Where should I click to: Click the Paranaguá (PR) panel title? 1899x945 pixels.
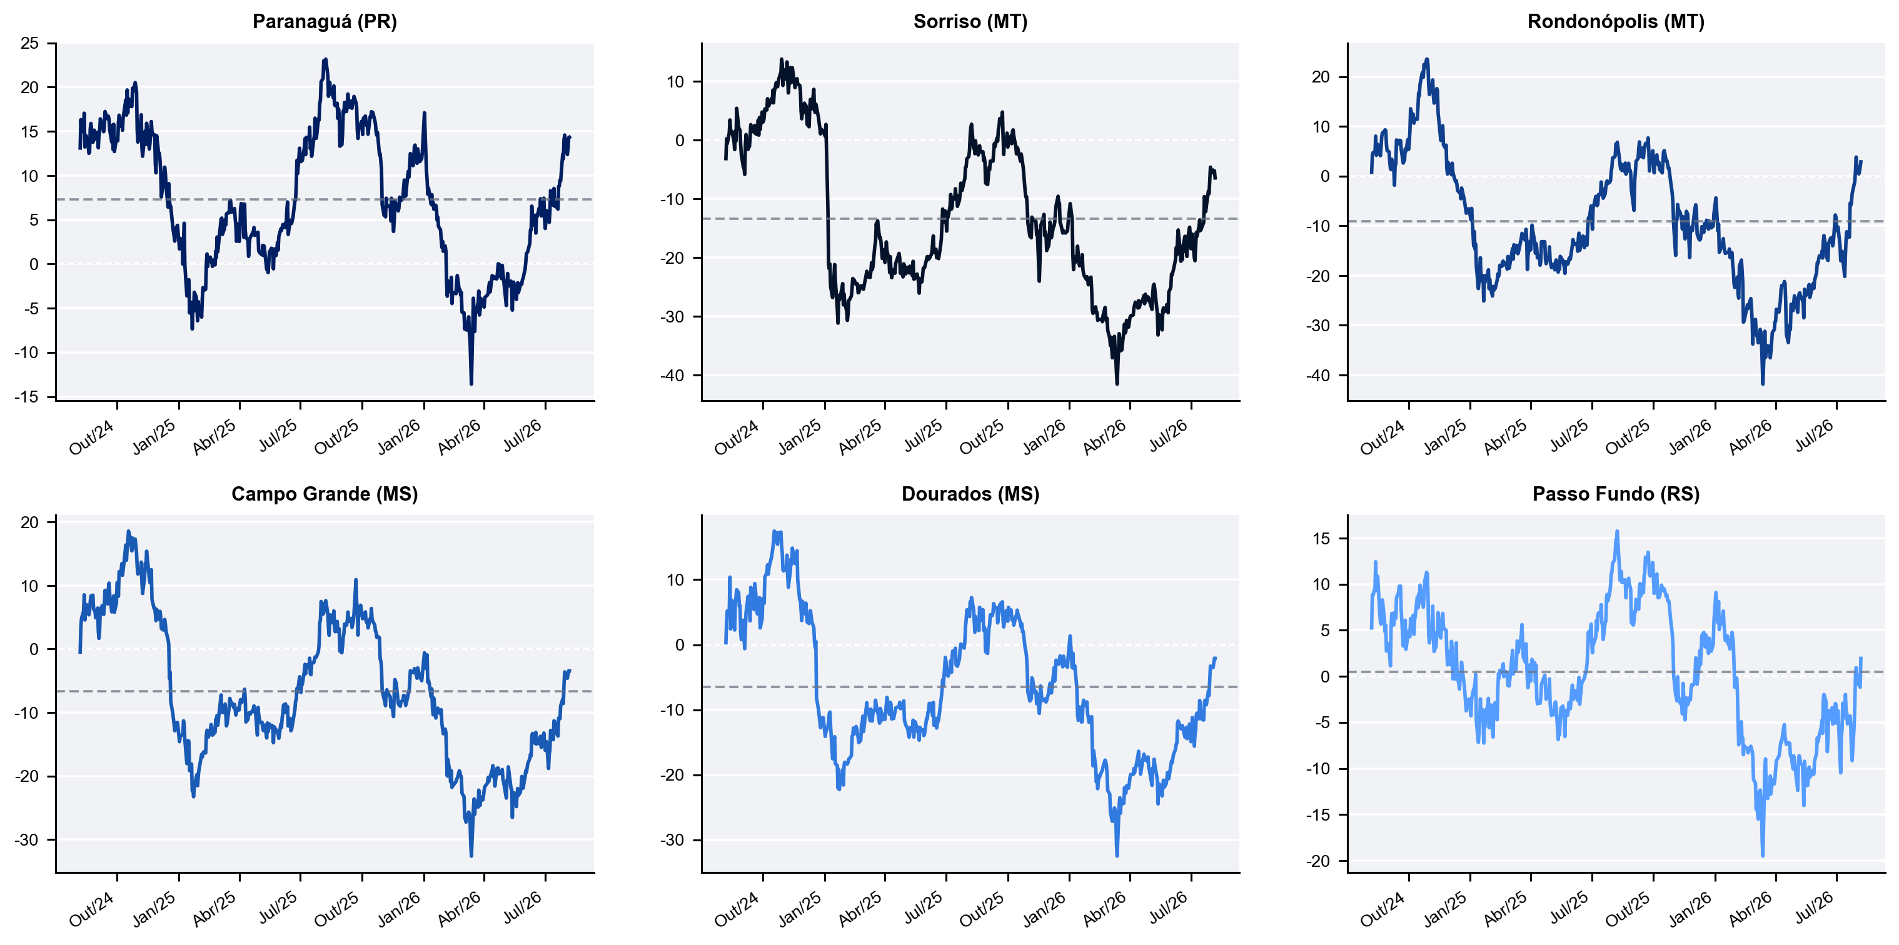point(325,21)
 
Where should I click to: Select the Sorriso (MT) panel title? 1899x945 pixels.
point(970,21)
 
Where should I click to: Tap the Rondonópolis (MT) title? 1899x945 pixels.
point(1616,21)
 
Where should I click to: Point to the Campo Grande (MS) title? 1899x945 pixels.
point(325,494)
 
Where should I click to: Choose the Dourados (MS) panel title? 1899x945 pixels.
point(970,494)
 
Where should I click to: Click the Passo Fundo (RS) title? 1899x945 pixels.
point(1616,494)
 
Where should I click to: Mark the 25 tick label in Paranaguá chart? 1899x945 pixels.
point(29,44)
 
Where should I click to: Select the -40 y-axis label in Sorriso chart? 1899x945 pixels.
point(672,375)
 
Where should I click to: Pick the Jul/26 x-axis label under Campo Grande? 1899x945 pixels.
point(522,908)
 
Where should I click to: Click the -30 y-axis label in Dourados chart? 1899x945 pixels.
point(672,839)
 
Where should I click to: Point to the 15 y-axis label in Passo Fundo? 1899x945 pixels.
point(1322,538)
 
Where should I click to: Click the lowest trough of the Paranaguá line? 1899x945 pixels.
point(471,383)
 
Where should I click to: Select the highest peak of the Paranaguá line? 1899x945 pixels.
point(325,59)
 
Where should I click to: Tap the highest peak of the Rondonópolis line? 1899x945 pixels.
point(1427,59)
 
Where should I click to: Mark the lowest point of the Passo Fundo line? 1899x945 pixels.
point(1763,856)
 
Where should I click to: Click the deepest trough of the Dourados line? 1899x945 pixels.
point(1117,856)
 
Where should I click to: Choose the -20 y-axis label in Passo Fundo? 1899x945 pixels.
point(1319,861)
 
